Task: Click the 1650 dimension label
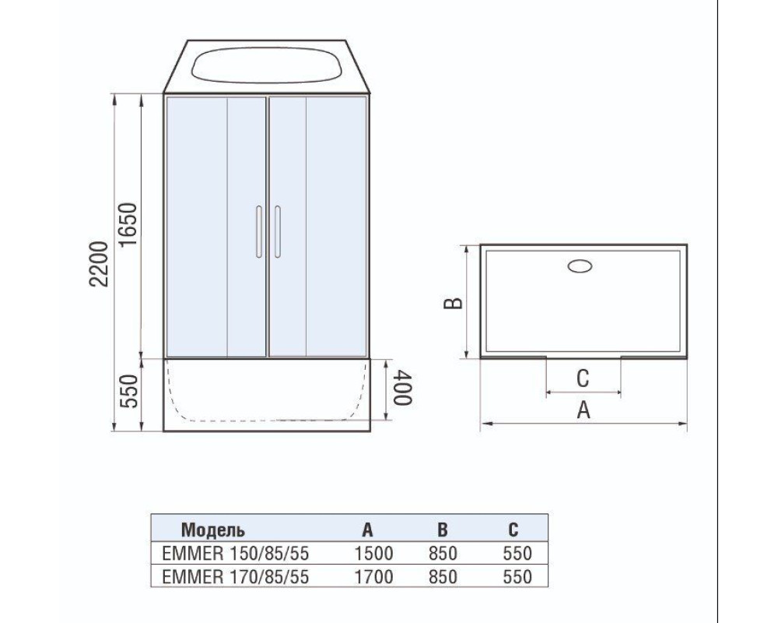128,225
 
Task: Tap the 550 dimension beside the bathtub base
128,392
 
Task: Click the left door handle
258,231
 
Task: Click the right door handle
277,231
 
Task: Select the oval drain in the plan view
580,266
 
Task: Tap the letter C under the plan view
583,378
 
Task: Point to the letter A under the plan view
583,410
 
